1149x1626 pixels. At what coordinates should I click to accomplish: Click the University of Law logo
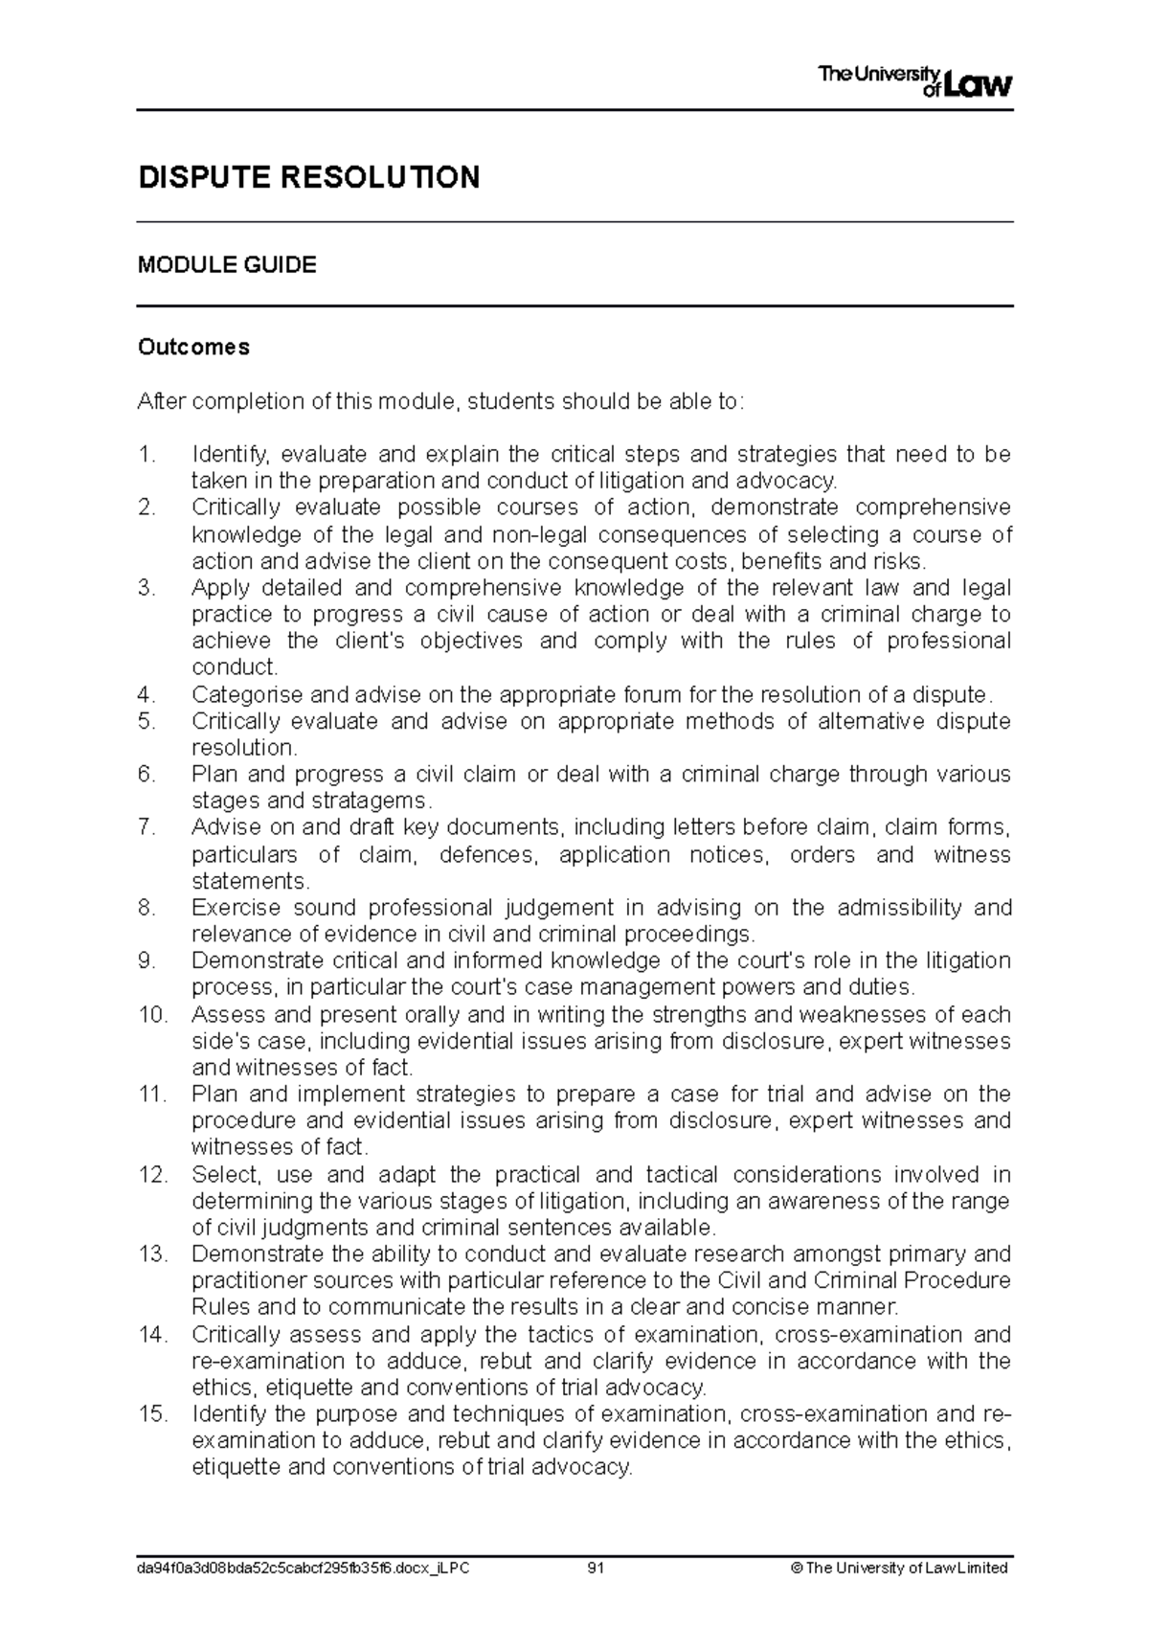point(914,80)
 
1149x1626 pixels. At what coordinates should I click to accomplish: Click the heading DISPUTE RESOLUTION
point(308,177)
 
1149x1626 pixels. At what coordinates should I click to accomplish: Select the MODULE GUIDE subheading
point(227,265)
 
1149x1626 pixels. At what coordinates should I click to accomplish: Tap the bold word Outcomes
point(193,348)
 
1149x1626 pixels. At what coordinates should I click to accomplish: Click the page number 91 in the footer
point(597,1569)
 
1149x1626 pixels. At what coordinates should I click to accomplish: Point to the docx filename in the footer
point(304,1569)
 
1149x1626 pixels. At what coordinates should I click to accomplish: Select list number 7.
point(146,827)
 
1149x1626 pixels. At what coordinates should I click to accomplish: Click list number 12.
point(152,1175)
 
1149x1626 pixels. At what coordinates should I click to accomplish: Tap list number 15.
point(152,1414)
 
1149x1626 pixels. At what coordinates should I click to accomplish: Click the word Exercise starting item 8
point(236,908)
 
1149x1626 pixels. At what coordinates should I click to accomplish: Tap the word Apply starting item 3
point(218,588)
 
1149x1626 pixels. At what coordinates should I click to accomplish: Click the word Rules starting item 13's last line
point(220,1307)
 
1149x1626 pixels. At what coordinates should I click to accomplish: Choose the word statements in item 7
point(251,881)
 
